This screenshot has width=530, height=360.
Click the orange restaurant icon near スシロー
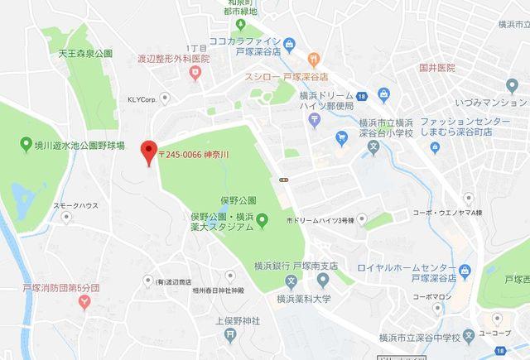(314, 59)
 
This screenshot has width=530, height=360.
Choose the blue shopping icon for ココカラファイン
(289, 43)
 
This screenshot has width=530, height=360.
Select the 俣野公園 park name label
(238, 200)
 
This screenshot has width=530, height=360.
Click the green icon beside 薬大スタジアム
(262, 219)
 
